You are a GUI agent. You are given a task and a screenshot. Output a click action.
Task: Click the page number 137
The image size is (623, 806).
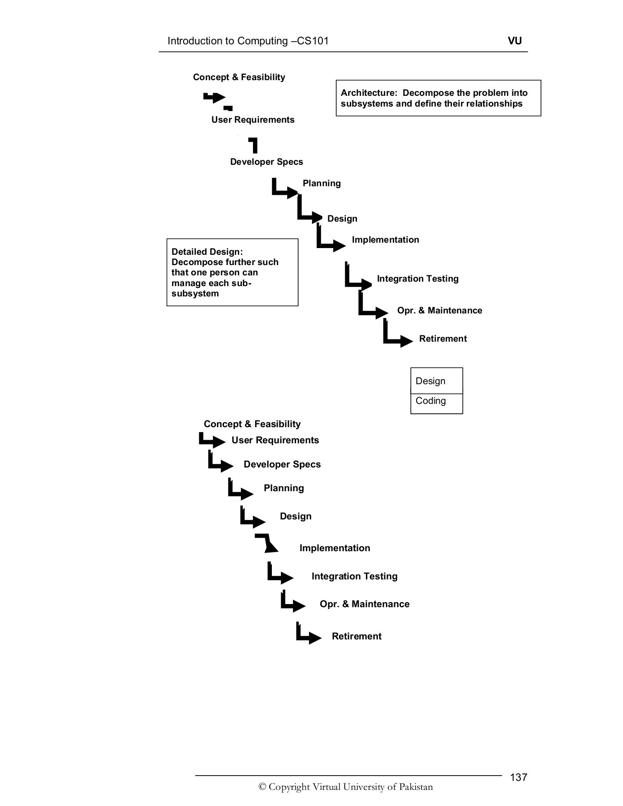[518, 777]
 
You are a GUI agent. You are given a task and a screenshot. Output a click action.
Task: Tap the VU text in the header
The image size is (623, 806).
[515, 41]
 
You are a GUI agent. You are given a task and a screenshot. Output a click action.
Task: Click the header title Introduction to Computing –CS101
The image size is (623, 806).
[248, 41]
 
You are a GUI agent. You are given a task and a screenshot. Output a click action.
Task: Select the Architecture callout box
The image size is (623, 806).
[438, 98]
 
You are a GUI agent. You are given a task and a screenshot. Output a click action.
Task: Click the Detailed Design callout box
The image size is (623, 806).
[232, 272]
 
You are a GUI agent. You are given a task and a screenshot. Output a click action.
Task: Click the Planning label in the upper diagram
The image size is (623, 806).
[322, 183]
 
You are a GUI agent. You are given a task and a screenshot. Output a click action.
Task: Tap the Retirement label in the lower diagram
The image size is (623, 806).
[357, 636]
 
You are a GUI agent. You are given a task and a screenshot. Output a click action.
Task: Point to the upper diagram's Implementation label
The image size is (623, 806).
[385, 240]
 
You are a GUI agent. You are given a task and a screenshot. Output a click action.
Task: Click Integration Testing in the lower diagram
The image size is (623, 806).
[354, 576]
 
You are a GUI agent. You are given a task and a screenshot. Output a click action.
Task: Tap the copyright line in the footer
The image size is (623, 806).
[346, 787]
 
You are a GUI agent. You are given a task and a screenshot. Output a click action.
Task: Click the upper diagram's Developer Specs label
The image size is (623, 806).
[266, 162]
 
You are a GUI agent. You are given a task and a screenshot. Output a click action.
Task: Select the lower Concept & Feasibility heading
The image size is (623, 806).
[252, 424]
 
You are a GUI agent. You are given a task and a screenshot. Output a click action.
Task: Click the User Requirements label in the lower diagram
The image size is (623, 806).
[275, 440]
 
